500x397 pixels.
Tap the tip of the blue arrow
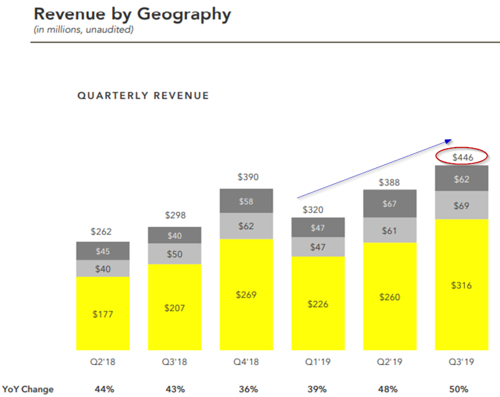coord(452,139)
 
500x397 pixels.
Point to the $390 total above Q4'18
coord(248,178)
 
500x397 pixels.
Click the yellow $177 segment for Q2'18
coord(103,313)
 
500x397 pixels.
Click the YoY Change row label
coord(28,389)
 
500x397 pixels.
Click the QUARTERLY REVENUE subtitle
coord(143,96)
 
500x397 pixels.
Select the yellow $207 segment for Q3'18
coord(175,308)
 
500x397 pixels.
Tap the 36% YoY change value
coord(248,389)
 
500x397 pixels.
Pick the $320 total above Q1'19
coord(319,211)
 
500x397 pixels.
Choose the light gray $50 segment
coord(175,254)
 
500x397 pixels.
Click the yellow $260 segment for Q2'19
coord(390,297)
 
